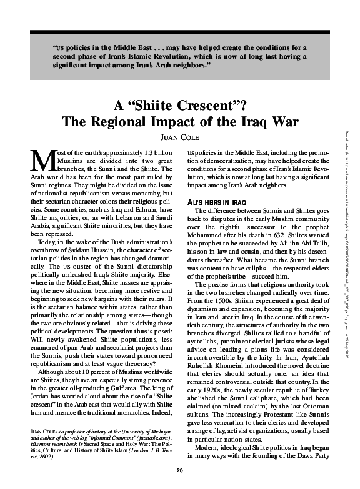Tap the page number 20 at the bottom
pyautogui.click(x=179, y=470)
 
